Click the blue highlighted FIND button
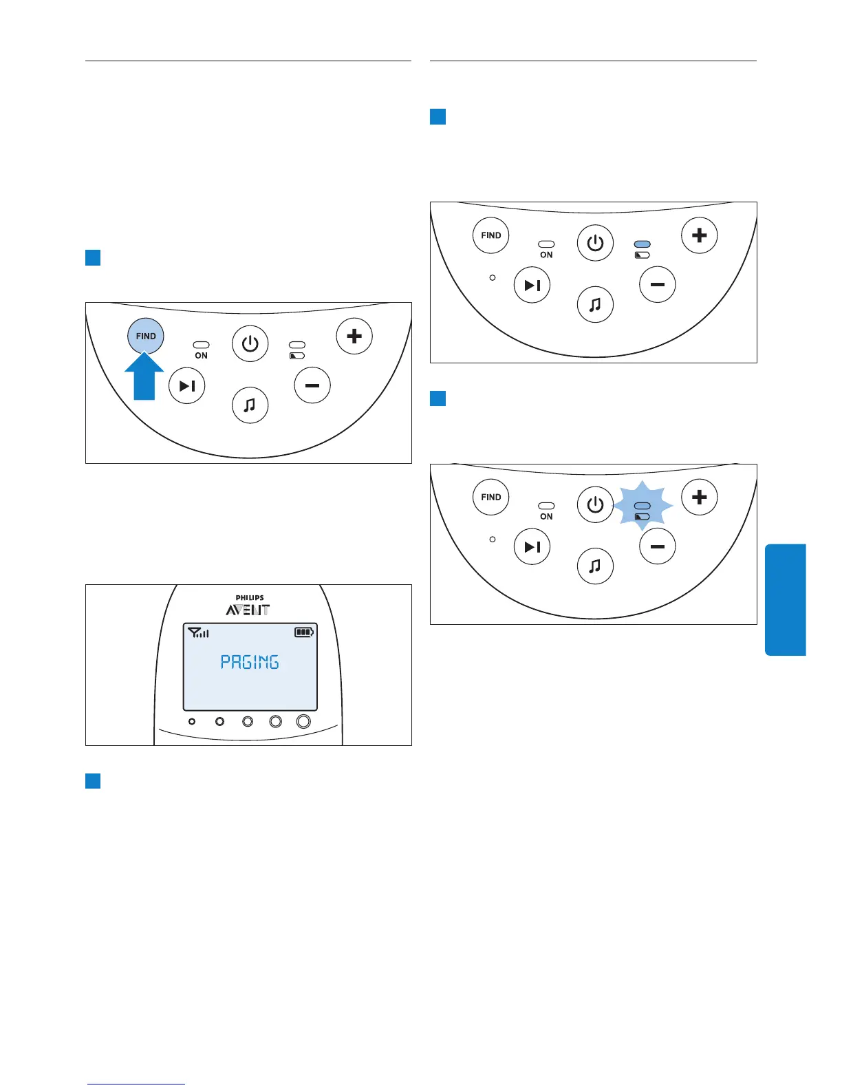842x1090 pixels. [146, 336]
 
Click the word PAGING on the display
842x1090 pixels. [249, 662]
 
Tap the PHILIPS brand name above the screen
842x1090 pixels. [249, 598]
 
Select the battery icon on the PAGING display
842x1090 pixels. [304, 632]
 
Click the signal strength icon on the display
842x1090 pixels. [198, 632]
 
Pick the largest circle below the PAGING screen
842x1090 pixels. [303, 721]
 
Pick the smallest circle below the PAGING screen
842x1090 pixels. [192, 722]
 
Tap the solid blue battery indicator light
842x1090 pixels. [642, 244]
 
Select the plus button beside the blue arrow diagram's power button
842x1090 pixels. [354, 336]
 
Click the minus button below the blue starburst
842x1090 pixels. [658, 546]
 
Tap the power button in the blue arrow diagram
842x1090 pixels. [250, 343]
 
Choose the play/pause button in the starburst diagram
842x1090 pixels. [532, 547]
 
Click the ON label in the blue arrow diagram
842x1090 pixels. [201, 356]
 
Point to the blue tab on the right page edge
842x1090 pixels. [785, 599]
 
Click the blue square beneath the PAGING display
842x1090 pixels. [93, 781]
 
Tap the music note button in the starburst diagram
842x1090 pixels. [595, 566]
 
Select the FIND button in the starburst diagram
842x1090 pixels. [491, 497]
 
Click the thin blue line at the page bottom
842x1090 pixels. [136, 1084]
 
